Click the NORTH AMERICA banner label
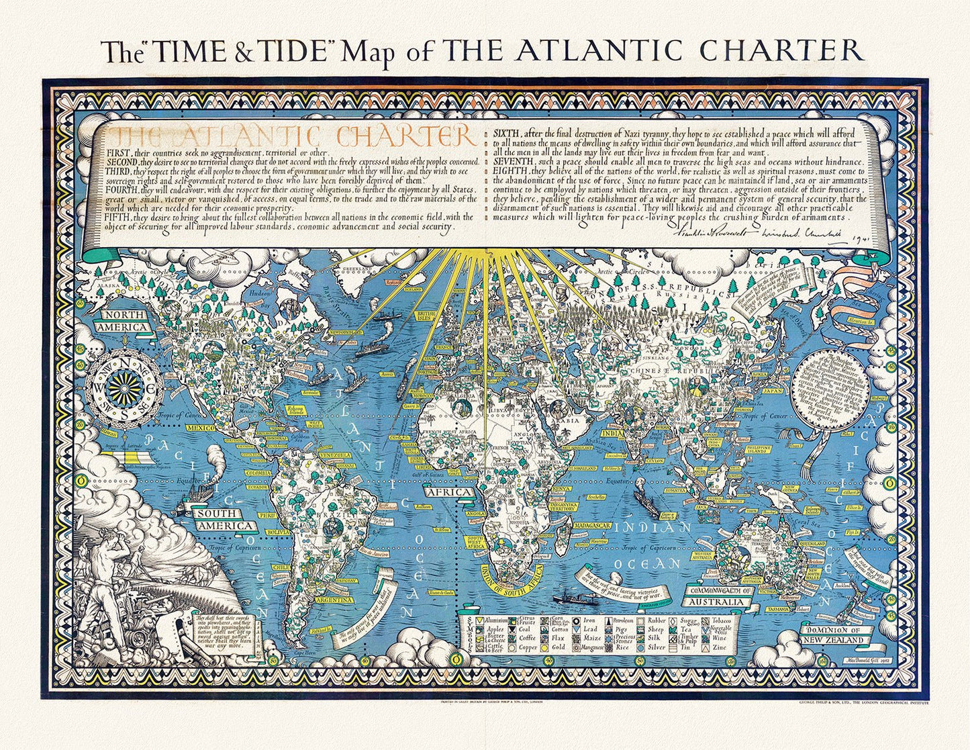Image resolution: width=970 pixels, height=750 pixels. pyautogui.click(x=122, y=322)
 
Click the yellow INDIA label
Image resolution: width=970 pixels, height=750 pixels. pyautogui.click(x=615, y=434)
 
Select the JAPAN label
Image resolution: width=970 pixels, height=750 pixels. pyautogui.click(x=774, y=390)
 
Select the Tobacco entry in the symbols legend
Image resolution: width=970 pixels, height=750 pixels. pyautogui.click(x=721, y=621)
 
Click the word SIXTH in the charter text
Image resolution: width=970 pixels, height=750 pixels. pyautogui.click(x=507, y=131)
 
